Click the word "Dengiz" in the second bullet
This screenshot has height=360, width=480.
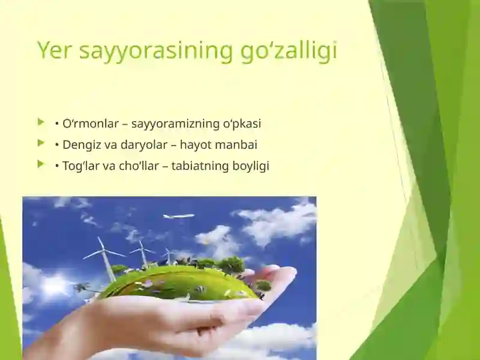81,145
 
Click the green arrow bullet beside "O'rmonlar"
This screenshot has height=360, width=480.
41,122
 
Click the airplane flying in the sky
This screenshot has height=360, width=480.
179,216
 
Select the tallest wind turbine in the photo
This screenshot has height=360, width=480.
106,258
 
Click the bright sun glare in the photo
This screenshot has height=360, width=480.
55,286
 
